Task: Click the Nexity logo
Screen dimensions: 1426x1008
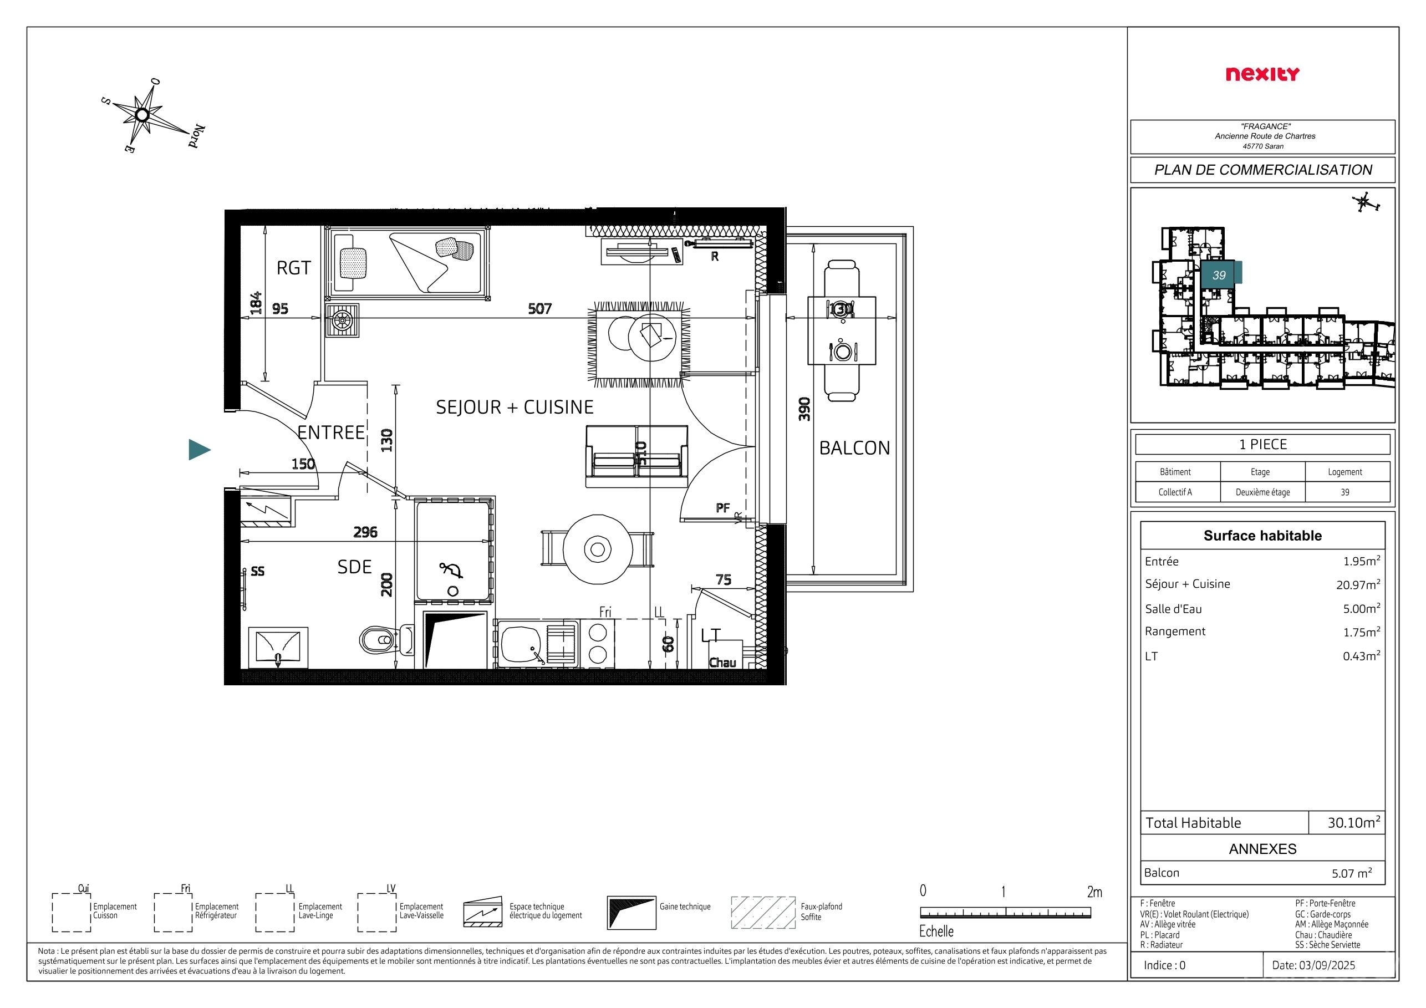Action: tap(1262, 74)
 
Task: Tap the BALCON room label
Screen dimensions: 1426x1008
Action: tap(854, 448)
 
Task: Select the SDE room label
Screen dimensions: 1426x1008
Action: tap(354, 567)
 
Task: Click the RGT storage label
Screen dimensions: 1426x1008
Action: tap(293, 268)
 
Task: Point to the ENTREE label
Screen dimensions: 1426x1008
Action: tap(331, 432)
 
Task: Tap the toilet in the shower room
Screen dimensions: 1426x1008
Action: tap(386, 639)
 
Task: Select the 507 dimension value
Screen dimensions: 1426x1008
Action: tap(539, 309)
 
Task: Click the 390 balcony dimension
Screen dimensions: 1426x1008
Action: tap(804, 409)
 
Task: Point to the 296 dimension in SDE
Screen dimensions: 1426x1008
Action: tap(365, 532)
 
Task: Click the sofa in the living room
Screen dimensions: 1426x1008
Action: tap(636, 456)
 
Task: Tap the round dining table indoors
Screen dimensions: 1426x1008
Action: tap(598, 549)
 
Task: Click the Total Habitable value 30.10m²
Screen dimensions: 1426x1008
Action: tap(1354, 822)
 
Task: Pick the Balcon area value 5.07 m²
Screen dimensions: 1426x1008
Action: tap(1352, 873)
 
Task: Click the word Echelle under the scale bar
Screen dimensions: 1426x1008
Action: tap(936, 931)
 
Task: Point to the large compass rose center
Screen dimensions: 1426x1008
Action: tap(142, 115)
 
